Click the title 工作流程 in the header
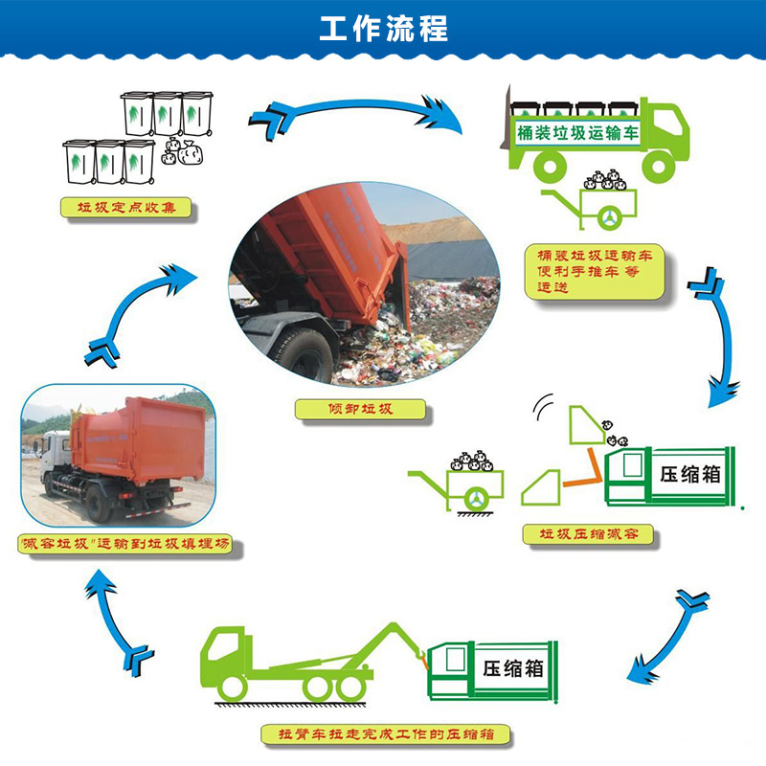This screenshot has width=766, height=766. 383,28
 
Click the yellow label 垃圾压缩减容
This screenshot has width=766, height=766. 589,533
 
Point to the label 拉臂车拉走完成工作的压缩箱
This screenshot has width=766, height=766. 385,735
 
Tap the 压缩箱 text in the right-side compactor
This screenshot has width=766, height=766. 690,475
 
